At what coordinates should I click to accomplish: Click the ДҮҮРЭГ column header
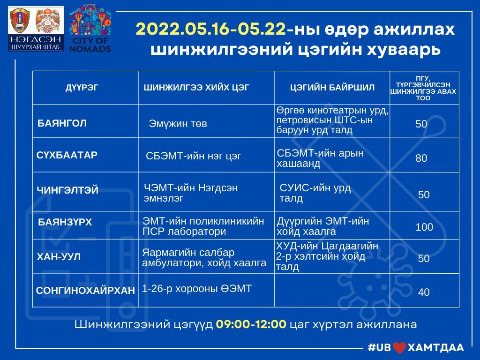82,88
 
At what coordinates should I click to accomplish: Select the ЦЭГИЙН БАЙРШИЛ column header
332,88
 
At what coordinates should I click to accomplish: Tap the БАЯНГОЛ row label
62,123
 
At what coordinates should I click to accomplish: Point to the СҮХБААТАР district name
67,155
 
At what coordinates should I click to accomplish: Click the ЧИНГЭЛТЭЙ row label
67,190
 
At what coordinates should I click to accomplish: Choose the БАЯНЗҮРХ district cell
65,222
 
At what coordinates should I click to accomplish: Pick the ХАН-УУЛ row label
59,256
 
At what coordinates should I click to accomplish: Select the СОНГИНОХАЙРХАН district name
85,290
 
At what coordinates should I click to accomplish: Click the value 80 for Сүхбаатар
421,158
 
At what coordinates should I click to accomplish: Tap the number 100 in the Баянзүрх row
424,227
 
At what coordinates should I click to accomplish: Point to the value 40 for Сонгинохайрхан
424,292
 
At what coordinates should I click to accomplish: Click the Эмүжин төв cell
178,124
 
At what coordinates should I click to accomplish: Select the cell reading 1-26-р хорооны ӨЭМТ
197,288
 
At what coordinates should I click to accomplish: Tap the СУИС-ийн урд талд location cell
315,193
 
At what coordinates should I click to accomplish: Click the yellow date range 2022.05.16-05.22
210,30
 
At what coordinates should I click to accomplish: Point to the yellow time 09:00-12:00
251,324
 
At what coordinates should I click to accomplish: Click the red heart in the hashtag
399,348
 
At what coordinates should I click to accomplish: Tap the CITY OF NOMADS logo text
90,45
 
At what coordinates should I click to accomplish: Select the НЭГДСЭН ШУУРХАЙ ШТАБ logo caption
36,43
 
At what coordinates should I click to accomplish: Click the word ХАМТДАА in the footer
436,347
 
